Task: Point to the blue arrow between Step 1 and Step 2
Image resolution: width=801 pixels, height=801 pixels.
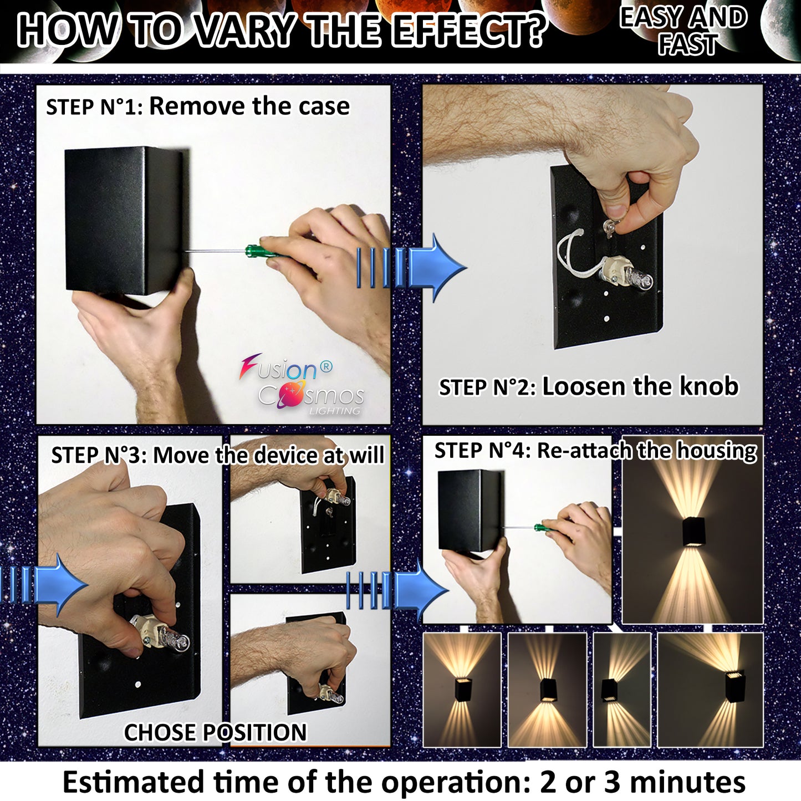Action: pyautogui.click(x=411, y=267)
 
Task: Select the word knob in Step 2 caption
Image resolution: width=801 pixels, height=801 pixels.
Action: pyautogui.click(x=709, y=386)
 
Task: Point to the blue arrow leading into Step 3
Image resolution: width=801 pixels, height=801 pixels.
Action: pyautogui.click(x=44, y=585)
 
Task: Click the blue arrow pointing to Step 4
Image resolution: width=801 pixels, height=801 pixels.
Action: pyautogui.click(x=397, y=590)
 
